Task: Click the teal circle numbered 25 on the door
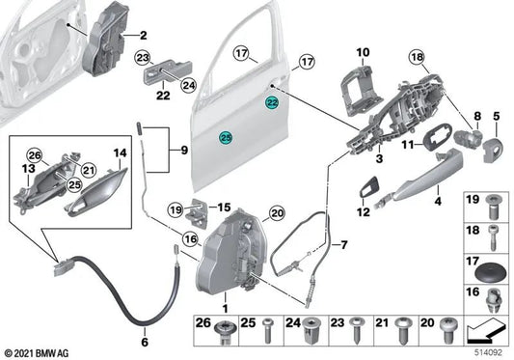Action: pos(225,138)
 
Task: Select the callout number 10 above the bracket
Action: pos(364,51)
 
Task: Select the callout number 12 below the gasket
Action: pos(363,211)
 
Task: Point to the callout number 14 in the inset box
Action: pos(121,153)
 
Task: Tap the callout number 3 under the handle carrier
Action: pos(380,158)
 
